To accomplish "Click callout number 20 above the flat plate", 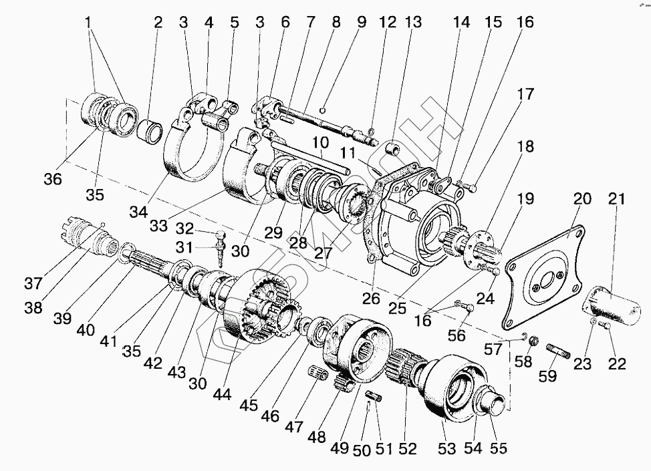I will click(x=582, y=198).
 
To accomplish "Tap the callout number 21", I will click(x=618, y=198).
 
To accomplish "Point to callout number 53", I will click(x=446, y=448).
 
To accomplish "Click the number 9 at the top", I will click(x=362, y=21).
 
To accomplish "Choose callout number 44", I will click(x=223, y=394).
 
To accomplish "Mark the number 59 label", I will click(x=547, y=376).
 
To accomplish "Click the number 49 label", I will click(x=340, y=448).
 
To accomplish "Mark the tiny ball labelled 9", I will click(x=322, y=110).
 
